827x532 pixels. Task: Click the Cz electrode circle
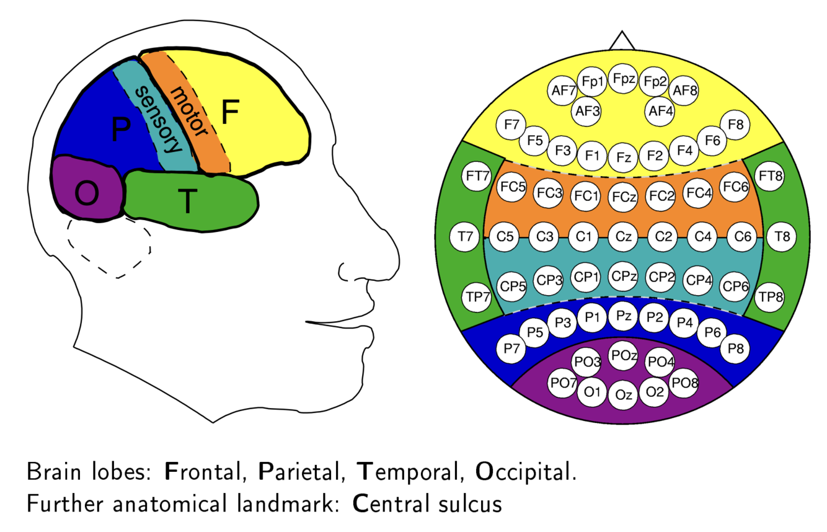[623, 236]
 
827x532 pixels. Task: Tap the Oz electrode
[623, 394]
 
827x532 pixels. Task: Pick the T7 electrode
[464, 236]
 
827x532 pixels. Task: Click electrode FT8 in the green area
[771, 176]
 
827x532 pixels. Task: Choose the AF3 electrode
[587, 112]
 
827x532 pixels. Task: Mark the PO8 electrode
[685, 383]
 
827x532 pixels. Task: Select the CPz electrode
[623, 277]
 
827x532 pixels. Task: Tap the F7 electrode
[511, 125]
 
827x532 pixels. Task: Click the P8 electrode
[735, 348]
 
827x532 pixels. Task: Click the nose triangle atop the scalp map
[622, 42]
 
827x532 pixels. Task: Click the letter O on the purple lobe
[86, 194]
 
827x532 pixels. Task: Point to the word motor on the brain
[188, 112]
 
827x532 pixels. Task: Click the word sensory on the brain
[159, 121]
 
